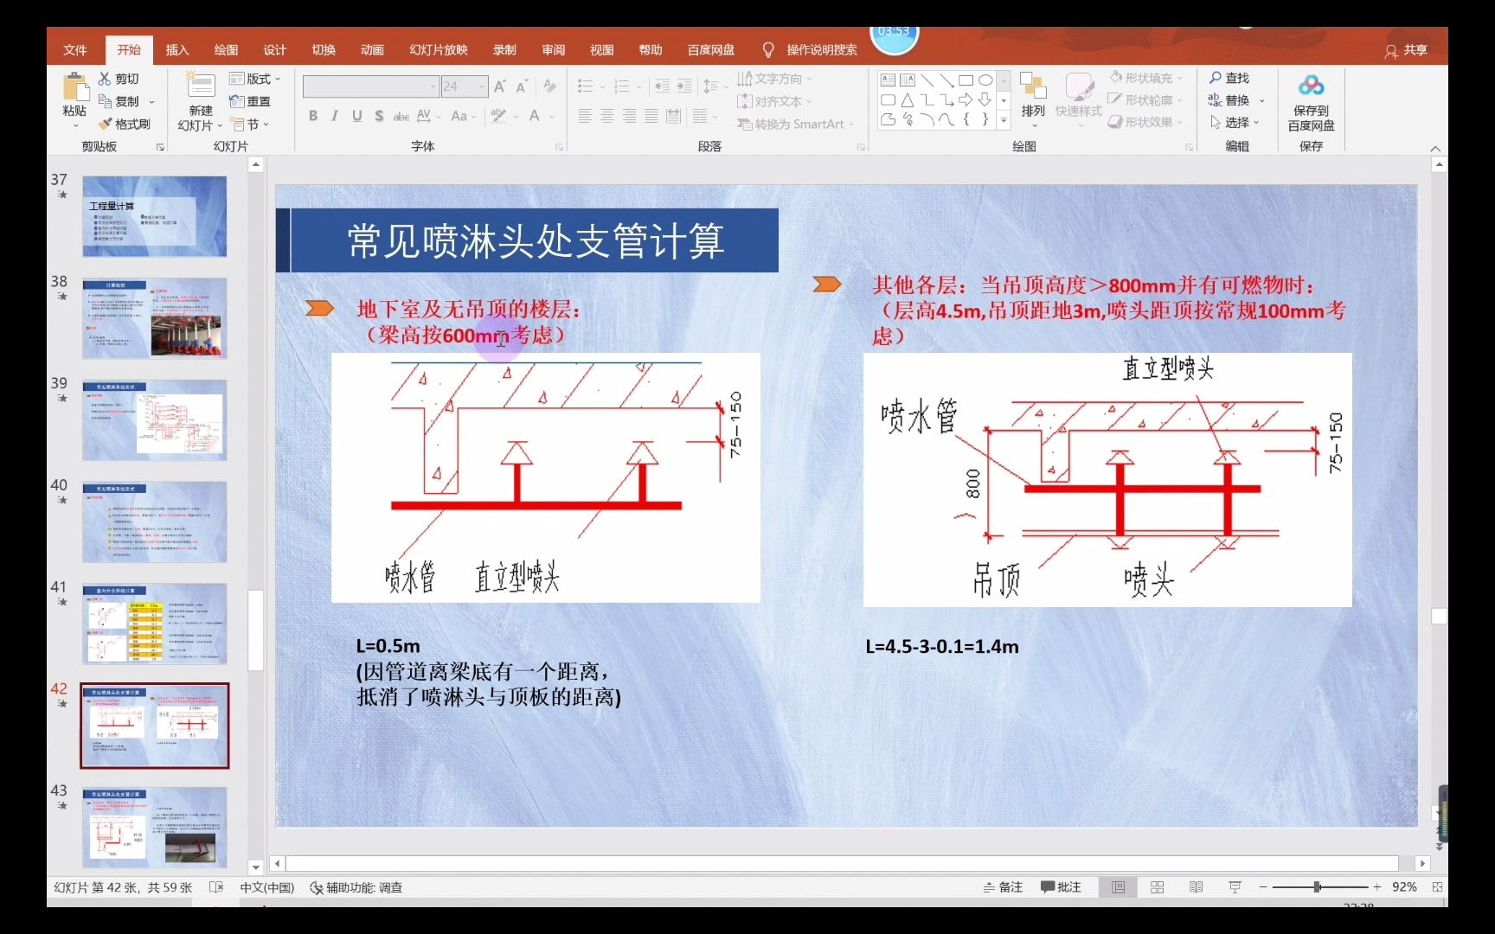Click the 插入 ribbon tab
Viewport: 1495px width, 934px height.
pyautogui.click(x=177, y=50)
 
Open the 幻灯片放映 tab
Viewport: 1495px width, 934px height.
pyautogui.click(x=439, y=50)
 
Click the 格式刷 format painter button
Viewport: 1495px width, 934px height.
pyautogui.click(x=125, y=125)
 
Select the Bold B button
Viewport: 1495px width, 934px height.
pyautogui.click(x=313, y=116)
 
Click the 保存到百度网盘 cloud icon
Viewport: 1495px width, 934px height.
pyautogui.click(x=1311, y=86)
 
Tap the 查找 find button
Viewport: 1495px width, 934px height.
pyautogui.click(x=1229, y=78)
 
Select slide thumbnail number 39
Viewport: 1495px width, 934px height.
pyautogui.click(x=155, y=420)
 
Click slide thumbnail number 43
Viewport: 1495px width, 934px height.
pyautogui.click(x=155, y=828)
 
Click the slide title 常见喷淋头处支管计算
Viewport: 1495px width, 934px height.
pyautogui.click(x=536, y=241)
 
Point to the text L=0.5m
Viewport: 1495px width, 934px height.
pyautogui.click(x=388, y=646)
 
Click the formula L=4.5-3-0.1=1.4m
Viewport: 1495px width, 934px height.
pyautogui.click(x=942, y=646)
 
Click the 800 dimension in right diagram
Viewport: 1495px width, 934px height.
pyautogui.click(x=972, y=484)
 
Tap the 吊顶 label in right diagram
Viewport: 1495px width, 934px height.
pyautogui.click(x=996, y=580)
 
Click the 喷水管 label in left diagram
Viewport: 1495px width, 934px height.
pyautogui.click(x=410, y=577)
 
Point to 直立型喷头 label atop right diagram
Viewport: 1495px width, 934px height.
pyautogui.click(x=1168, y=369)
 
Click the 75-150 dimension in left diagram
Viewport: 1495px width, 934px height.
pyautogui.click(x=735, y=424)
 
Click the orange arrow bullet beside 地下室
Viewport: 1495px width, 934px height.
pyautogui.click(x=319, y=308)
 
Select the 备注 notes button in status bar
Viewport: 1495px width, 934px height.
pyautogui.click(x=1004, y=887)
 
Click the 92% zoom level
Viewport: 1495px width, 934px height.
pyautogui.click(x=1404, y=887)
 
